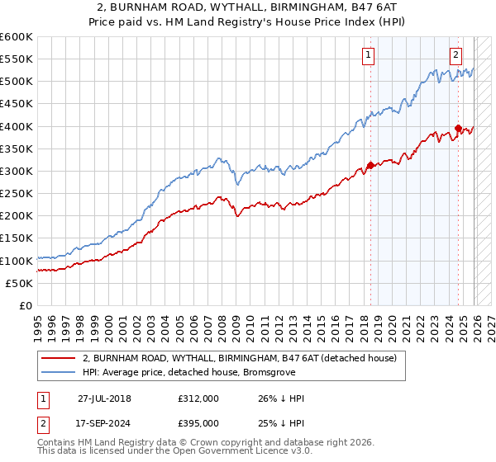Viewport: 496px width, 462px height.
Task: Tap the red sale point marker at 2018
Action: [370, 165]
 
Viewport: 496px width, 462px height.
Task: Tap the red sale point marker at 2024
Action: [458, 128]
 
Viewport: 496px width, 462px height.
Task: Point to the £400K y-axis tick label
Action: [17, 126]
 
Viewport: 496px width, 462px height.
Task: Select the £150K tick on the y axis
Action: [17, 238]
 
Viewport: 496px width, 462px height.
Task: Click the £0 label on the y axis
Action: [26, 305]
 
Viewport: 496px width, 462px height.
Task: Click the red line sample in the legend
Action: [59, 358]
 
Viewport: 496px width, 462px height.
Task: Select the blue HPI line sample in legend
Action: [59, 372]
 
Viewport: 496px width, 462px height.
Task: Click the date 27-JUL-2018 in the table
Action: [104, 398]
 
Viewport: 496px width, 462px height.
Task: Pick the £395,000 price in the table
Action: [198, 422]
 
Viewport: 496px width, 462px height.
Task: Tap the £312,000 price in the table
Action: [198, 398]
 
